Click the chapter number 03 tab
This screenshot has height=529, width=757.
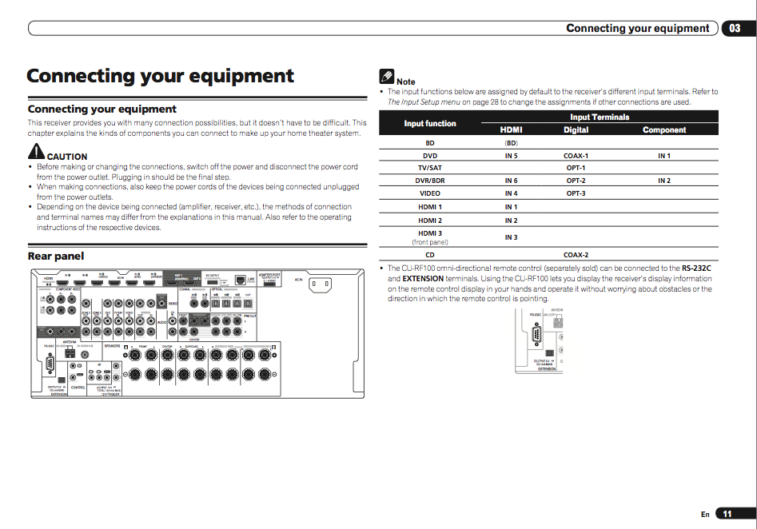click(735, 28)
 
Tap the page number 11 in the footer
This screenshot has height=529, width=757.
click(727, 514)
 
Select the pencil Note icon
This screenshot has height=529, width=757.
click(387, 77)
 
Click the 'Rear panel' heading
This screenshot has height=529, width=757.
click(56, 257)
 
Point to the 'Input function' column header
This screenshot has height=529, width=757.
click(430, 124)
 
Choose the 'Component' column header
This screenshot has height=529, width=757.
click(663, 130)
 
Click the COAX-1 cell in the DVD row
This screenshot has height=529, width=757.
click(576, 156)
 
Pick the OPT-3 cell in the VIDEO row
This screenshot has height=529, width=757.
click(576, 193)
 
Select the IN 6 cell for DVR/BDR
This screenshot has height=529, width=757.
click(511, 181)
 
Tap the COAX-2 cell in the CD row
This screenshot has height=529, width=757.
click(576, 255)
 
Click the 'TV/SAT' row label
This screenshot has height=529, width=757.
click(430, 169)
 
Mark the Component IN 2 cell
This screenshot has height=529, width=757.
click(663, 181)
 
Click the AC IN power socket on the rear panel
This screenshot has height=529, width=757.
click(321, 284)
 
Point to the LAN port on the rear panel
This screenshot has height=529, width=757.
click(241, 281)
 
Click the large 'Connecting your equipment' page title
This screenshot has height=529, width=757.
click(160, 77)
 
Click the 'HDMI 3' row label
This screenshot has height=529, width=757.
click(430, 233)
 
